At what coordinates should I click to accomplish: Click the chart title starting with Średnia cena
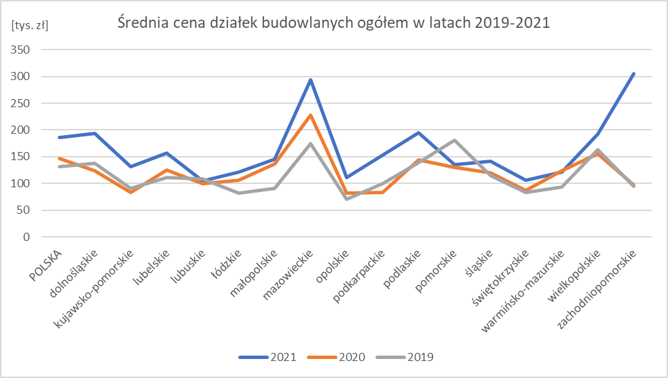[x=333, y=22]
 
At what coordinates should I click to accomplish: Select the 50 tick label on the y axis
[x=26, y=210]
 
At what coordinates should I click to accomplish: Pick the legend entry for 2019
[x=405, y=356]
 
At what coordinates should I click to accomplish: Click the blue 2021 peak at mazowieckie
[x=311, y=80]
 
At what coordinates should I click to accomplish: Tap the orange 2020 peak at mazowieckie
[x=311, y=115]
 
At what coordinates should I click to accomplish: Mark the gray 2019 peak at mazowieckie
[x=311, y=144]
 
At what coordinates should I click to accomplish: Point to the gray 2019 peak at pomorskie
[x=454, y=140]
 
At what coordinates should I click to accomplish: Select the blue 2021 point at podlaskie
[x=418, y=133]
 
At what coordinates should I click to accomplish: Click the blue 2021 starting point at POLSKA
[x=59, y=138]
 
